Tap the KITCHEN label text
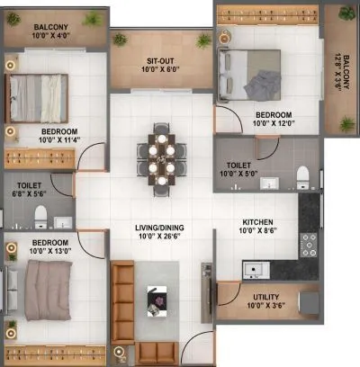click(259, 221)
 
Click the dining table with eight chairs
click(161, 158)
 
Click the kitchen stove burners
click(309, 241)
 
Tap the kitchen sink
click(255, 268)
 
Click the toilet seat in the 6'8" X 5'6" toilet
click(40, 214)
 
